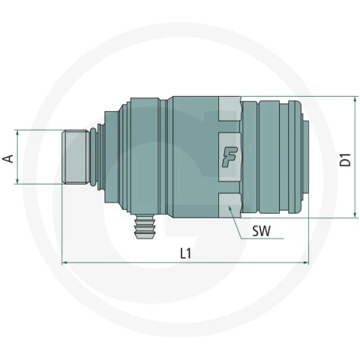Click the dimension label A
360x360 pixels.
[x=8, y=159]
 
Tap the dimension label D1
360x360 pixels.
[x=346, y=160]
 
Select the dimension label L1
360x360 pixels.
[x=186, y=253]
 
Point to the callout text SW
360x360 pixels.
[x=261, y=231]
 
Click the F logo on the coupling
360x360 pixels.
[x=229, y=157]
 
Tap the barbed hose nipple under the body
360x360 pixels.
[x=145, y=226]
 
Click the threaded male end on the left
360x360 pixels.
[x=76, y=157]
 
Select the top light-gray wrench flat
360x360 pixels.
[x=229, y=109]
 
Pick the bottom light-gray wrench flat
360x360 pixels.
[x=229, y=205]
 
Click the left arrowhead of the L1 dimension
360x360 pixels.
[x=64, y=262]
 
